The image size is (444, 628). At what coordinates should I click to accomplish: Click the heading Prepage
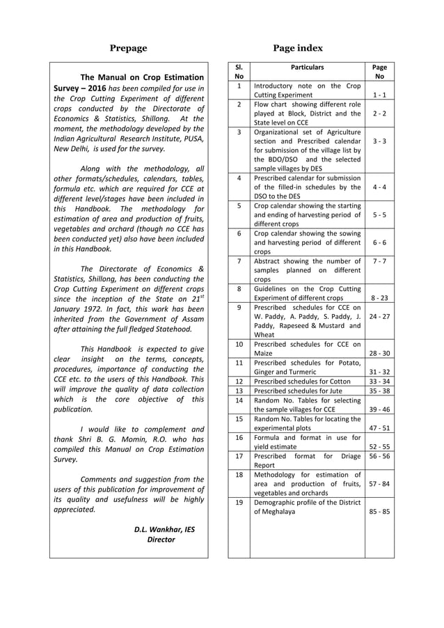coord(129,48)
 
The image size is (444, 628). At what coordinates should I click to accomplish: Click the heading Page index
coord(297,48)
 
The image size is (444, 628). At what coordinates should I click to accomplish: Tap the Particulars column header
coord(307,68)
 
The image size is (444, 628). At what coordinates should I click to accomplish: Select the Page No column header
coord(379,72)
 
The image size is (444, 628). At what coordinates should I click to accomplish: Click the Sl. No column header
coord(239,72)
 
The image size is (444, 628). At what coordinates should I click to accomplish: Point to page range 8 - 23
coord(379,297)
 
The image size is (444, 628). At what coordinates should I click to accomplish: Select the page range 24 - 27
coord(379,315)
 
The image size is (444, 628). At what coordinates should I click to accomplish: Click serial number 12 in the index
coord(239,382)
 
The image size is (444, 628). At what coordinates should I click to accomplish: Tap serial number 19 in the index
coord(239,502)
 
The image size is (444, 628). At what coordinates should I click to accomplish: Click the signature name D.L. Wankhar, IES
coord(164,529)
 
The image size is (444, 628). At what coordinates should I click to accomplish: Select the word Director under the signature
coord(161,540)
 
